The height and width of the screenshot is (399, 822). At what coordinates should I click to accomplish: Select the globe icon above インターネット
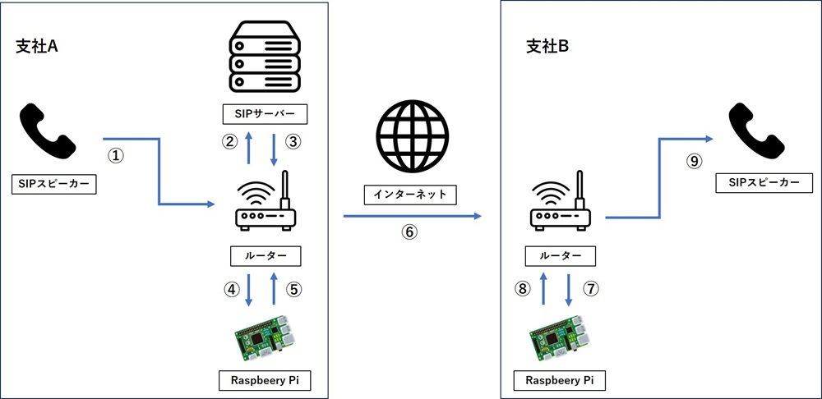(x=410, y=137)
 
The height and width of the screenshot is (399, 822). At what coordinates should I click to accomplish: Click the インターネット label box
(x=410, y=195)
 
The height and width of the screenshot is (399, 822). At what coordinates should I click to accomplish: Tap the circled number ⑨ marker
(x=695, y=162)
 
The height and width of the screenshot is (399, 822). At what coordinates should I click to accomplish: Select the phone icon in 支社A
(x=48, y=131)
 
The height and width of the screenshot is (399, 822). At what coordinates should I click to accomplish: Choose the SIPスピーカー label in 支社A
(x=54, y=184)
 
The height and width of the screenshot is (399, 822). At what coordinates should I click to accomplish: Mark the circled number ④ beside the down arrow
(x=233, y=289)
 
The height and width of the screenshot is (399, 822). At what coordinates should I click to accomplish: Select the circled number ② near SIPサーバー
(x=231, y=141)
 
